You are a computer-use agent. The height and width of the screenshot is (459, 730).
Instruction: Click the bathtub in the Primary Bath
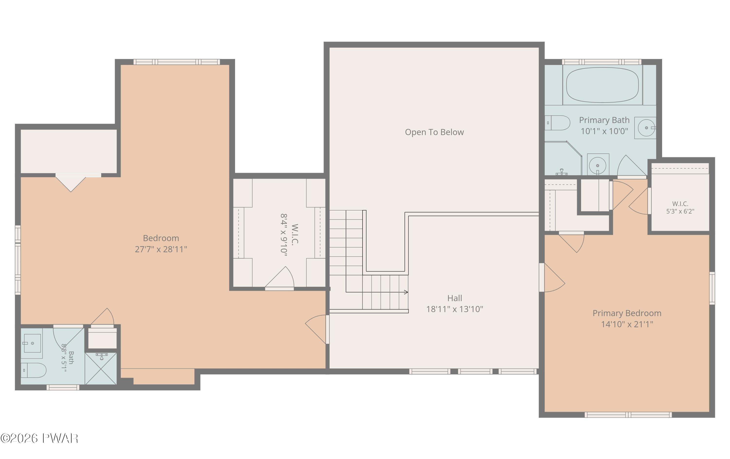coord(602,85)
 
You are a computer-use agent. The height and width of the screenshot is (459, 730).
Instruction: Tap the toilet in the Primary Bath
coord(557,123)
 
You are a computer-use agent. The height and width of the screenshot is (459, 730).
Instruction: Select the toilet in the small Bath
coord(33,370)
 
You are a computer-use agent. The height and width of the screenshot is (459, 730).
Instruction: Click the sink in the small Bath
coord(32,343)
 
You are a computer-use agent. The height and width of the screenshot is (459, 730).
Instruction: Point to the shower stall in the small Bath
coord(101,368)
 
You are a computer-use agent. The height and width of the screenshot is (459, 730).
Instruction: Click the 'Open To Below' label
coord(434,132)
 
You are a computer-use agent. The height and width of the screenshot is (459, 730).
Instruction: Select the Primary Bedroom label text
coord(627,313)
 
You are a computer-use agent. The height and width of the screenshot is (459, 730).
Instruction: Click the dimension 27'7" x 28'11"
coord(161,249)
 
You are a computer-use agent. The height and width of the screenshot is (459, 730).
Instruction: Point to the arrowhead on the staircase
coord(406,292)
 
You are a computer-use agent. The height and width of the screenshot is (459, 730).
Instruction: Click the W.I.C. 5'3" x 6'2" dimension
coord(680,211)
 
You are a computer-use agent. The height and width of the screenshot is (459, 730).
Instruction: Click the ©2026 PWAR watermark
coord(39,438)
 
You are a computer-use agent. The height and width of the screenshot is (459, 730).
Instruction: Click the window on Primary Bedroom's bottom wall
coord(628,415)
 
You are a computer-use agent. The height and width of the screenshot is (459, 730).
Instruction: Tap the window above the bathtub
coord(602,62)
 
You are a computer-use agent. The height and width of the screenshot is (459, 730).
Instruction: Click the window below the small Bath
coord(63,387)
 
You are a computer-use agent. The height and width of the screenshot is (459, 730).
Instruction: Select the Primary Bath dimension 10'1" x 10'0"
coord(604,131)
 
